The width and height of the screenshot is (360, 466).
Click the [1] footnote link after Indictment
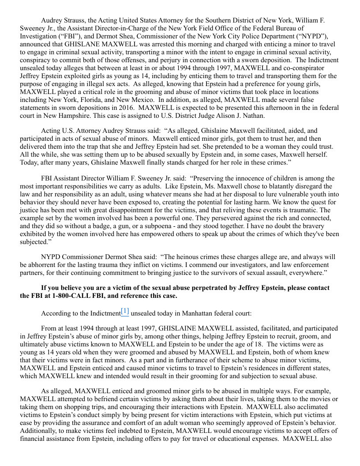pyautogui.click(x=125, y=312)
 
